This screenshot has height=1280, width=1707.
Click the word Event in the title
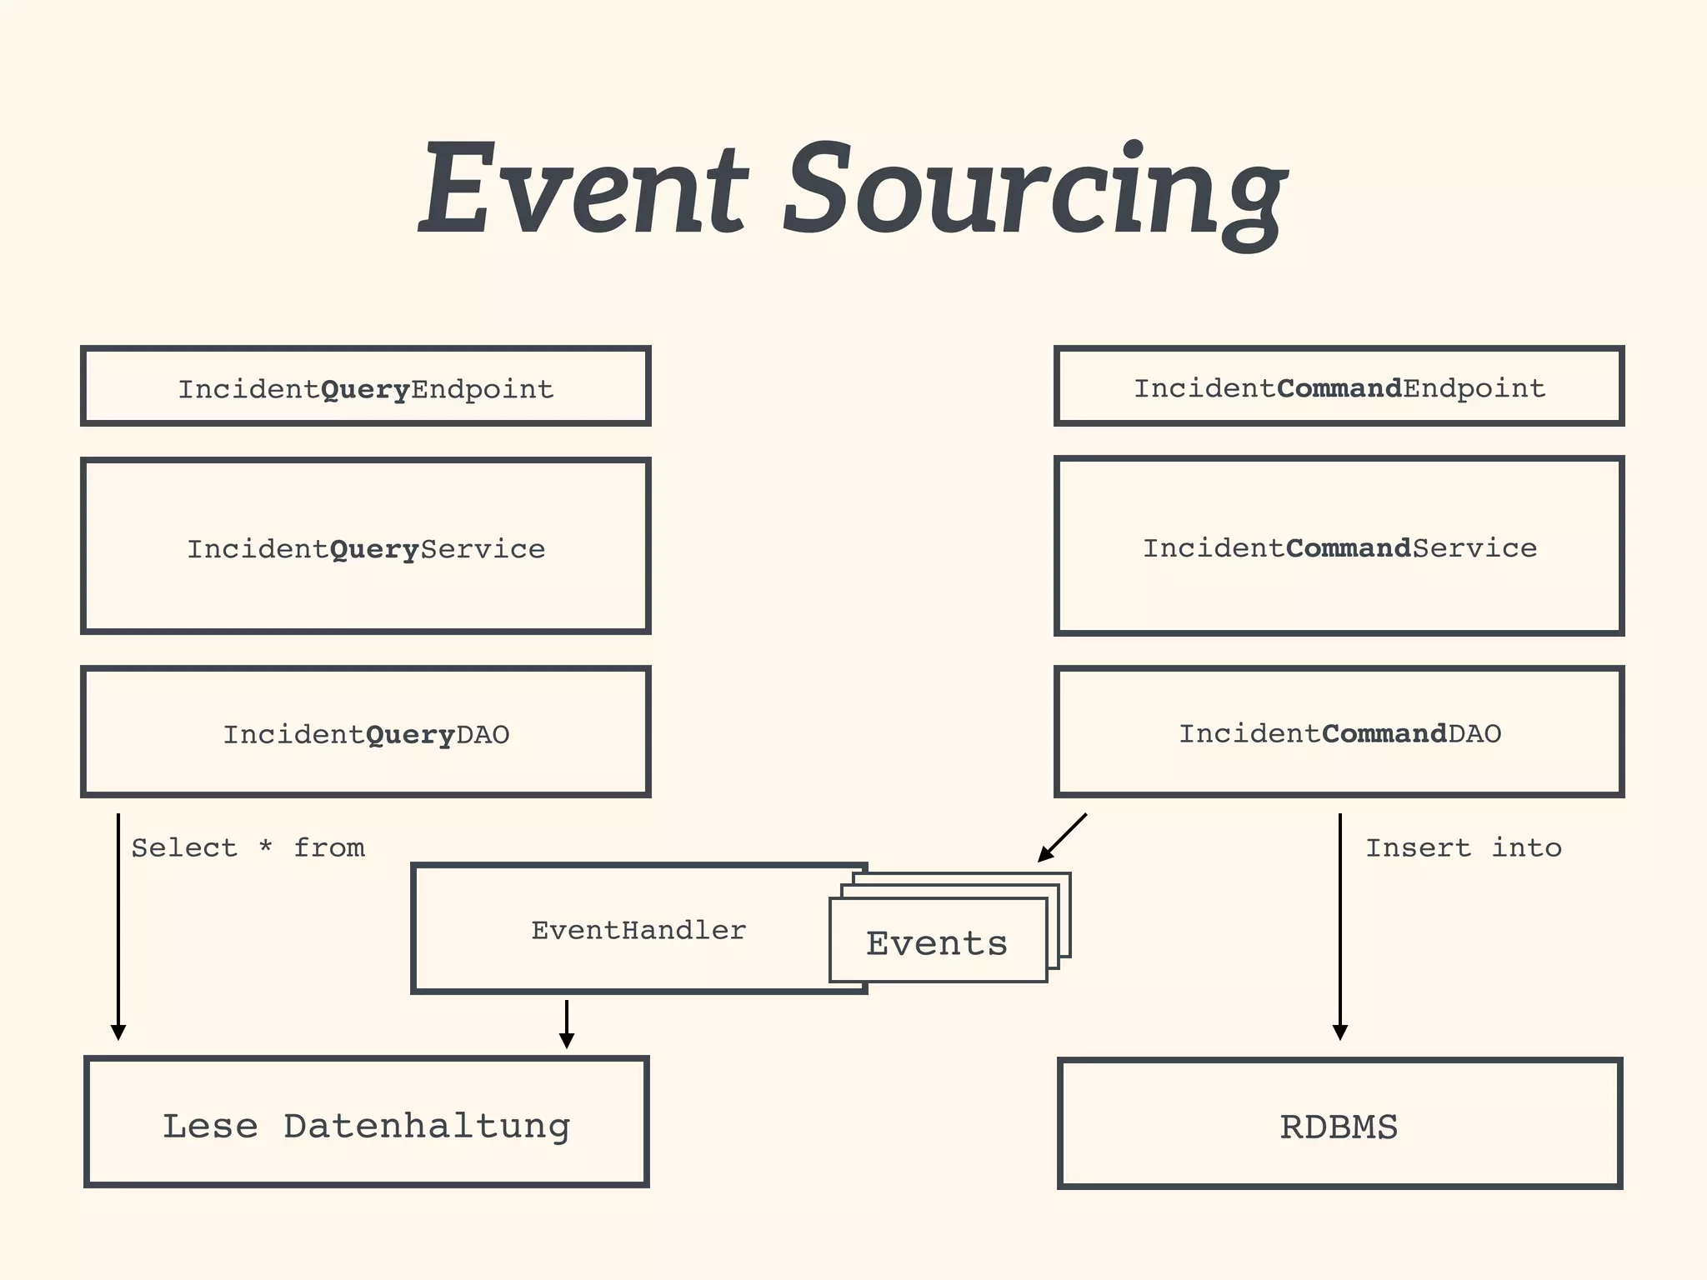[583, 190]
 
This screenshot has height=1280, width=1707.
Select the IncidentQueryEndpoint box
[365, 387]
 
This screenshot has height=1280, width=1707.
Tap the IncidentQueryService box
[365, 547]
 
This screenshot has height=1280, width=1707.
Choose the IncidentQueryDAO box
[365, 732]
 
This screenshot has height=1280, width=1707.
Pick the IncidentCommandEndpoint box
[1339, 387]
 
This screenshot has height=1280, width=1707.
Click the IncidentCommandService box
[1339, 547]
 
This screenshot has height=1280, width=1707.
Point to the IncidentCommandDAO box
[1339, 732]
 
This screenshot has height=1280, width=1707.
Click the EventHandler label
[638, 930]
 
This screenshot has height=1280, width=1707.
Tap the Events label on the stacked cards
[937, 943]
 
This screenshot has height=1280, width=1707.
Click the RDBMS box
[1339, 1125]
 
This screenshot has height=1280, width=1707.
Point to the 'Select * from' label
[248, 847]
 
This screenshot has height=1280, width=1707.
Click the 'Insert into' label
[1463, 847]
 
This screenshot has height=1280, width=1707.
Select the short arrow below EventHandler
[567, 1023]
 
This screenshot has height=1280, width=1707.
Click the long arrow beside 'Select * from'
[118, 925]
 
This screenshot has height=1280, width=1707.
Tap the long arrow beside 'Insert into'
[1340, 925]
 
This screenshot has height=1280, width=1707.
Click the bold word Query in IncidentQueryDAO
[410, 734]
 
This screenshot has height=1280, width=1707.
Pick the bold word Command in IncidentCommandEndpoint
[1339, 388]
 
